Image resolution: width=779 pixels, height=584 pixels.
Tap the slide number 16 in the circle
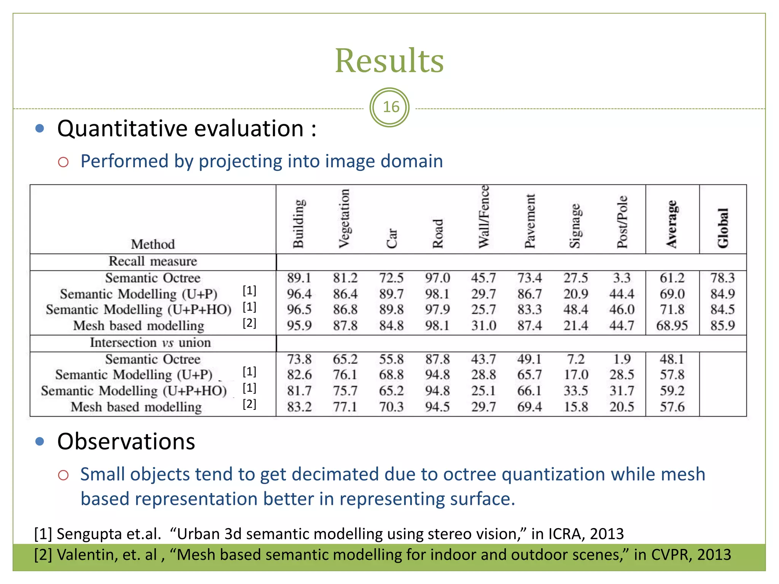[391, 107]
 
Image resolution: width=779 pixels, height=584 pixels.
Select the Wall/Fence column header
[484, 217]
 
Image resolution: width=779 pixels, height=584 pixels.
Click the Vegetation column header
[344, 219]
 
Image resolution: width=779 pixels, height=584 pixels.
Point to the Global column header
[723, 228]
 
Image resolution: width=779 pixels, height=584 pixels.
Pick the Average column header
[672, 224]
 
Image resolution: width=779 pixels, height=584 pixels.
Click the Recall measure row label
[153, 262]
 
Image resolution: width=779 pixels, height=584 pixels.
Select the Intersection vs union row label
[150, 343]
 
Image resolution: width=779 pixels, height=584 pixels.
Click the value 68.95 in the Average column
[672, 326]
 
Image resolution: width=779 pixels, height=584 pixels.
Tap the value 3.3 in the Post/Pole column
[622, 278]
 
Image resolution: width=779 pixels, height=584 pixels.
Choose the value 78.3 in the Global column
[722, 278]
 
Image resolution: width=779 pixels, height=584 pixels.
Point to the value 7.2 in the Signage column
[576, 359]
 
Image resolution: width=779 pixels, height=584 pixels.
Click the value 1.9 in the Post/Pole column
[622, 359]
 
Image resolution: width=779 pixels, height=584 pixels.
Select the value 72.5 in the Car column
[391, 278]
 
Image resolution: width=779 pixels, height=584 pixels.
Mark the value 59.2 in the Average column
[672, 391]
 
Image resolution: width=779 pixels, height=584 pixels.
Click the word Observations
[126, 442]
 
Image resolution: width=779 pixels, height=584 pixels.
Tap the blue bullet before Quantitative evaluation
[40, 129]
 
